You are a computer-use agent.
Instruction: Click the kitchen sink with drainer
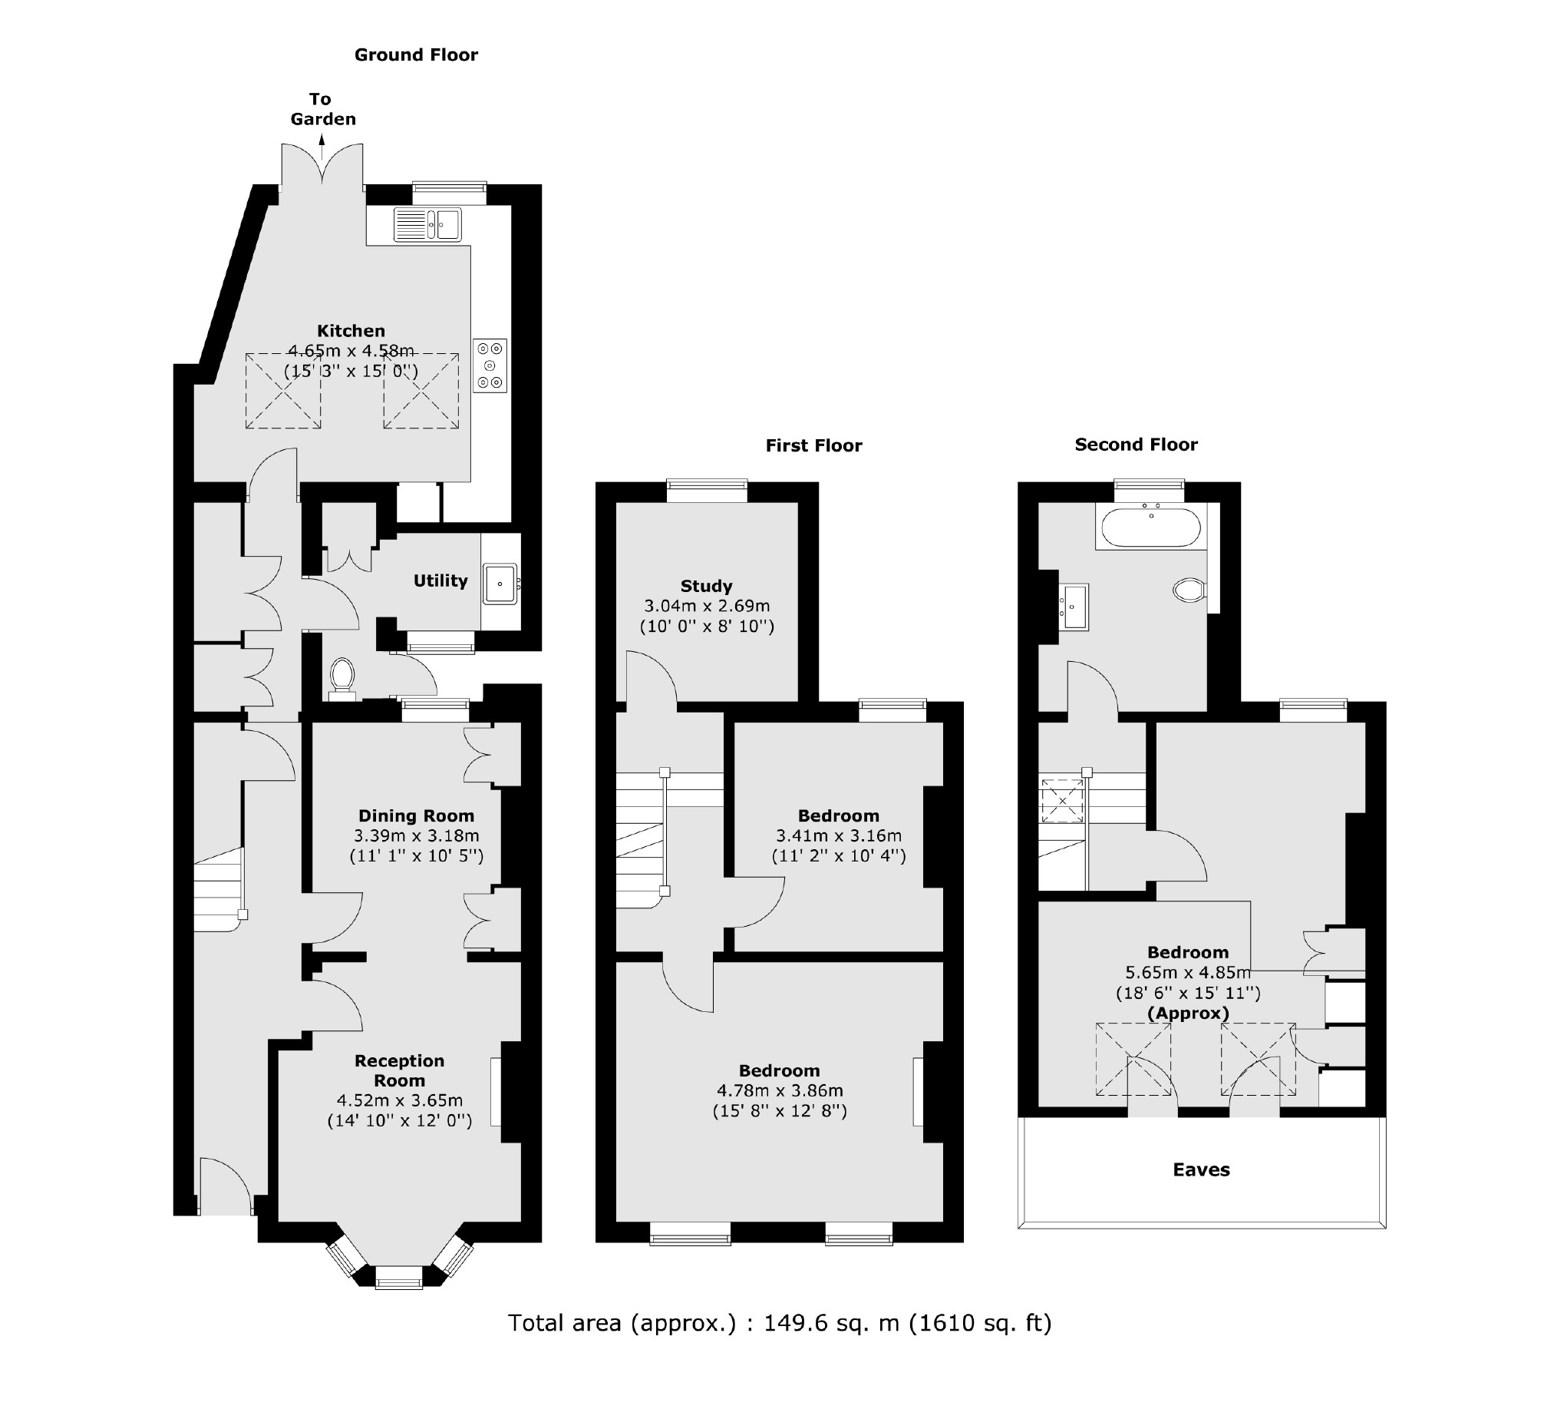pyautogui.click(x=427, y=224)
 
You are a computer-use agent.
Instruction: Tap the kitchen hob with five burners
pyautogui.click(x=490, y=365)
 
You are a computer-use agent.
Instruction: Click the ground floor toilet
pyautogui.click(x=342, y=676)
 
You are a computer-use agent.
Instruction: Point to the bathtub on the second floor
pyautogui.click(x=1150, y=528)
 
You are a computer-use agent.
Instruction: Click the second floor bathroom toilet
pyautogui.click(x=1189, y=590)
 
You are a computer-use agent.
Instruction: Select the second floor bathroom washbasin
pyautogui.click(x=1074, y=607)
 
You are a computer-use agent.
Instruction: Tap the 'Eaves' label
pyautogui.click(x=1201, y=1170)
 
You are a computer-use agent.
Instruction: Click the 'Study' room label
pyautogui.click(x=706, y=586)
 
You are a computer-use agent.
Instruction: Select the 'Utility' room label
pyautogui.click(x=440, y=580)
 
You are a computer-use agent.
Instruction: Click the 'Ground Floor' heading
pyautogui.click(x=415, y=55)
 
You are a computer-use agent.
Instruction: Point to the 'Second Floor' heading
pyautogui.click(x=1136, y=445)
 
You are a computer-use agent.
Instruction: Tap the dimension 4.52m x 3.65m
pyautogui.click(x=399, y=1100)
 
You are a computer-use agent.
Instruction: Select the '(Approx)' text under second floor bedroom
pyautogui.click(x=1188, y=1014)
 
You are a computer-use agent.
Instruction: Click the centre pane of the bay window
pyautogui.click(x=398, y=1282)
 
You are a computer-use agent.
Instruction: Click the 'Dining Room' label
pyautogui.click(x=416, y=815)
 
